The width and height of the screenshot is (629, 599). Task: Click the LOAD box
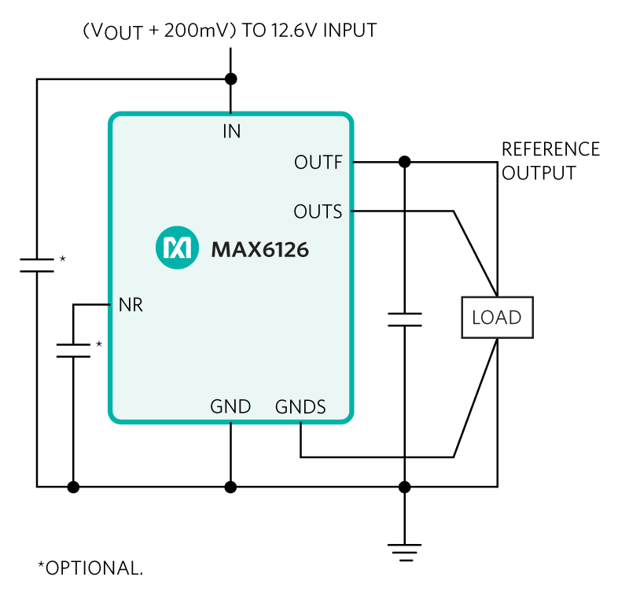coord(496,318)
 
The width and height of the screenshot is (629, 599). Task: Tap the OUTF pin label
coord(318,163)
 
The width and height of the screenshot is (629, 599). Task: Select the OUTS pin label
coord(318,211)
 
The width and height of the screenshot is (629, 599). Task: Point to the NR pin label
coord(131,305)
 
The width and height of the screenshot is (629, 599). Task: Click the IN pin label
coord(231,131)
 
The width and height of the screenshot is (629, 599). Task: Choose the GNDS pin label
coord(300,407)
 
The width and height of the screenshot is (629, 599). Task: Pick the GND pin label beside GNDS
coord(230,407)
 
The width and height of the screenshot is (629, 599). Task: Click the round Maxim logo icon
coord(175,250)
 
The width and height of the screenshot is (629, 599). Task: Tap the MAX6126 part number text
coord(259,251)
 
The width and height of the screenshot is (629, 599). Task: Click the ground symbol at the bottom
coord(404,550)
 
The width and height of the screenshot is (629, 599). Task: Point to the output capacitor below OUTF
coord(404,318)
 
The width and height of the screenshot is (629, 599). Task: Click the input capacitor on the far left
coord(36,264)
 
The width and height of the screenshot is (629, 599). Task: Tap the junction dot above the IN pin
coord(230,79)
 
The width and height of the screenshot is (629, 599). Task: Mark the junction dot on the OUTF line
coord(404,162)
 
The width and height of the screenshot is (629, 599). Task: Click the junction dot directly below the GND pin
coord(230,487)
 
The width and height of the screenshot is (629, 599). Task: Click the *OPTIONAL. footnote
coord(90,568)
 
